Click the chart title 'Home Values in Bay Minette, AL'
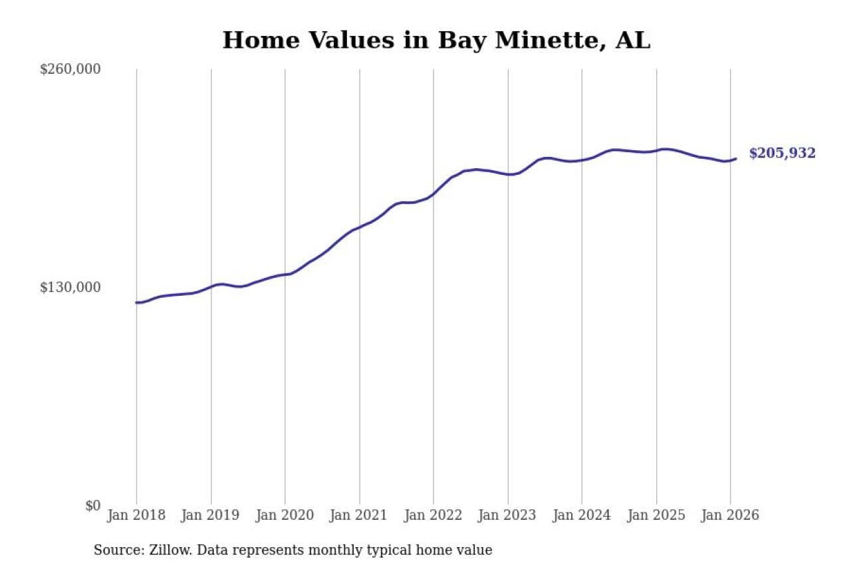[436, 41]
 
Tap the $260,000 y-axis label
[70, 69]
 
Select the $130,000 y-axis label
[70, 287]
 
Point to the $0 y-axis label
[92, 505]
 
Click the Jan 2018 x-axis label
[136, 515]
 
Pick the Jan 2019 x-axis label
[211, 515]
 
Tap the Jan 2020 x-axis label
[285, 515]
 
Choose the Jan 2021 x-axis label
[360, 515]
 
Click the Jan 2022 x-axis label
[433, 515]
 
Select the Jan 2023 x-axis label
[508, 515]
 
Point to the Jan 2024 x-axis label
[582, 515]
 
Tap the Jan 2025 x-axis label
[656, 515]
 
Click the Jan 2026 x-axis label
[730, 515]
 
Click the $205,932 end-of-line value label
[782, 154]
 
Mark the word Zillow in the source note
[161, 550]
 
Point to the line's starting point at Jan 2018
[137, 302]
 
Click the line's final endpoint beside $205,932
[735, 159]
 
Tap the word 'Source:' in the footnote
[116, 550]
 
